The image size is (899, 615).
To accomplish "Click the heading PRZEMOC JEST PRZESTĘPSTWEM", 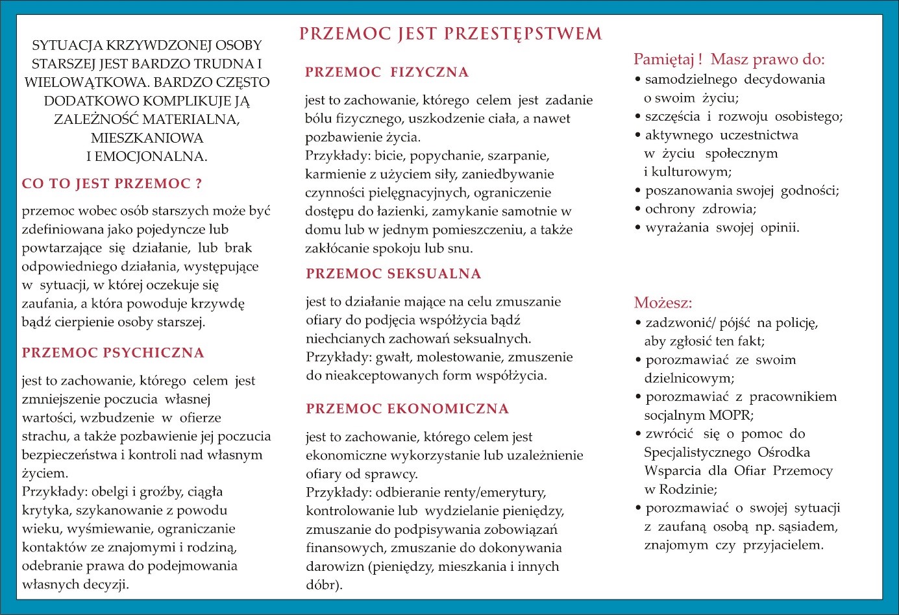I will pos(450,34).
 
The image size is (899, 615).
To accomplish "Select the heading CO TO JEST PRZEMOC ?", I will pos(112,184).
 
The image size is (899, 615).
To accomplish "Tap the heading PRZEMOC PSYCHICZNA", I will pos(113,353).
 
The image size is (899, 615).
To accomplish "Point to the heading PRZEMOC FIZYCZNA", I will pos(387,72).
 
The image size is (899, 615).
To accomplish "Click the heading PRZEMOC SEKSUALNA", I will pos(393,274).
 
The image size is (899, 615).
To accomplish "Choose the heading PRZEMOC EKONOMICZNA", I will pos(407,409).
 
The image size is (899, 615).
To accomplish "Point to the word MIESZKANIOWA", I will pos(147,138).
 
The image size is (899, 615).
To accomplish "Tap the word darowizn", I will pos(336,567).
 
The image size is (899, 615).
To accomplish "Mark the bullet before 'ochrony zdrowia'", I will pos(638,209).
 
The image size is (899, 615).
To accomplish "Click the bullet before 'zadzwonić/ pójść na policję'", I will pos(638,323).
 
